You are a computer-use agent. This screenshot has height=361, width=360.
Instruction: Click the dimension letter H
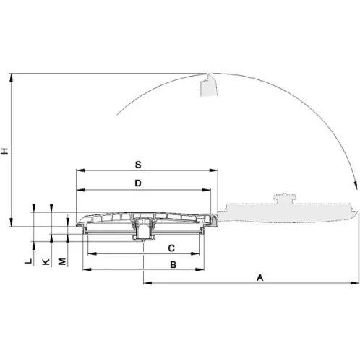(x=5, y=151)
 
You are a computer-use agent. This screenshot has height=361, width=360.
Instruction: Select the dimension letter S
(x=138, y=165)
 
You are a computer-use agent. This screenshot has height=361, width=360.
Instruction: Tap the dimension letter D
(x=138, y=183)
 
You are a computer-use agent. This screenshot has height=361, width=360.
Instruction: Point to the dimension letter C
(x=171, y=248)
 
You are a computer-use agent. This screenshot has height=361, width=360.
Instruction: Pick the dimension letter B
(x=173, y=265)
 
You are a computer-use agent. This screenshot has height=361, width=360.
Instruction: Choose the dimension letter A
(x=260, y=277)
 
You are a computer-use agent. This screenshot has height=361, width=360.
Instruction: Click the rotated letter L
(x=28, y=261)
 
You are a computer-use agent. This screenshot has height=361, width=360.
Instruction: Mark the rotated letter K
(x=46, y=262)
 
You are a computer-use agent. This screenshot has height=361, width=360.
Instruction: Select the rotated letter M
(x=62, y=261)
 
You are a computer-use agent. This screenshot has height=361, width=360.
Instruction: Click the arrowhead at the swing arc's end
(x=355, y=185)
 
